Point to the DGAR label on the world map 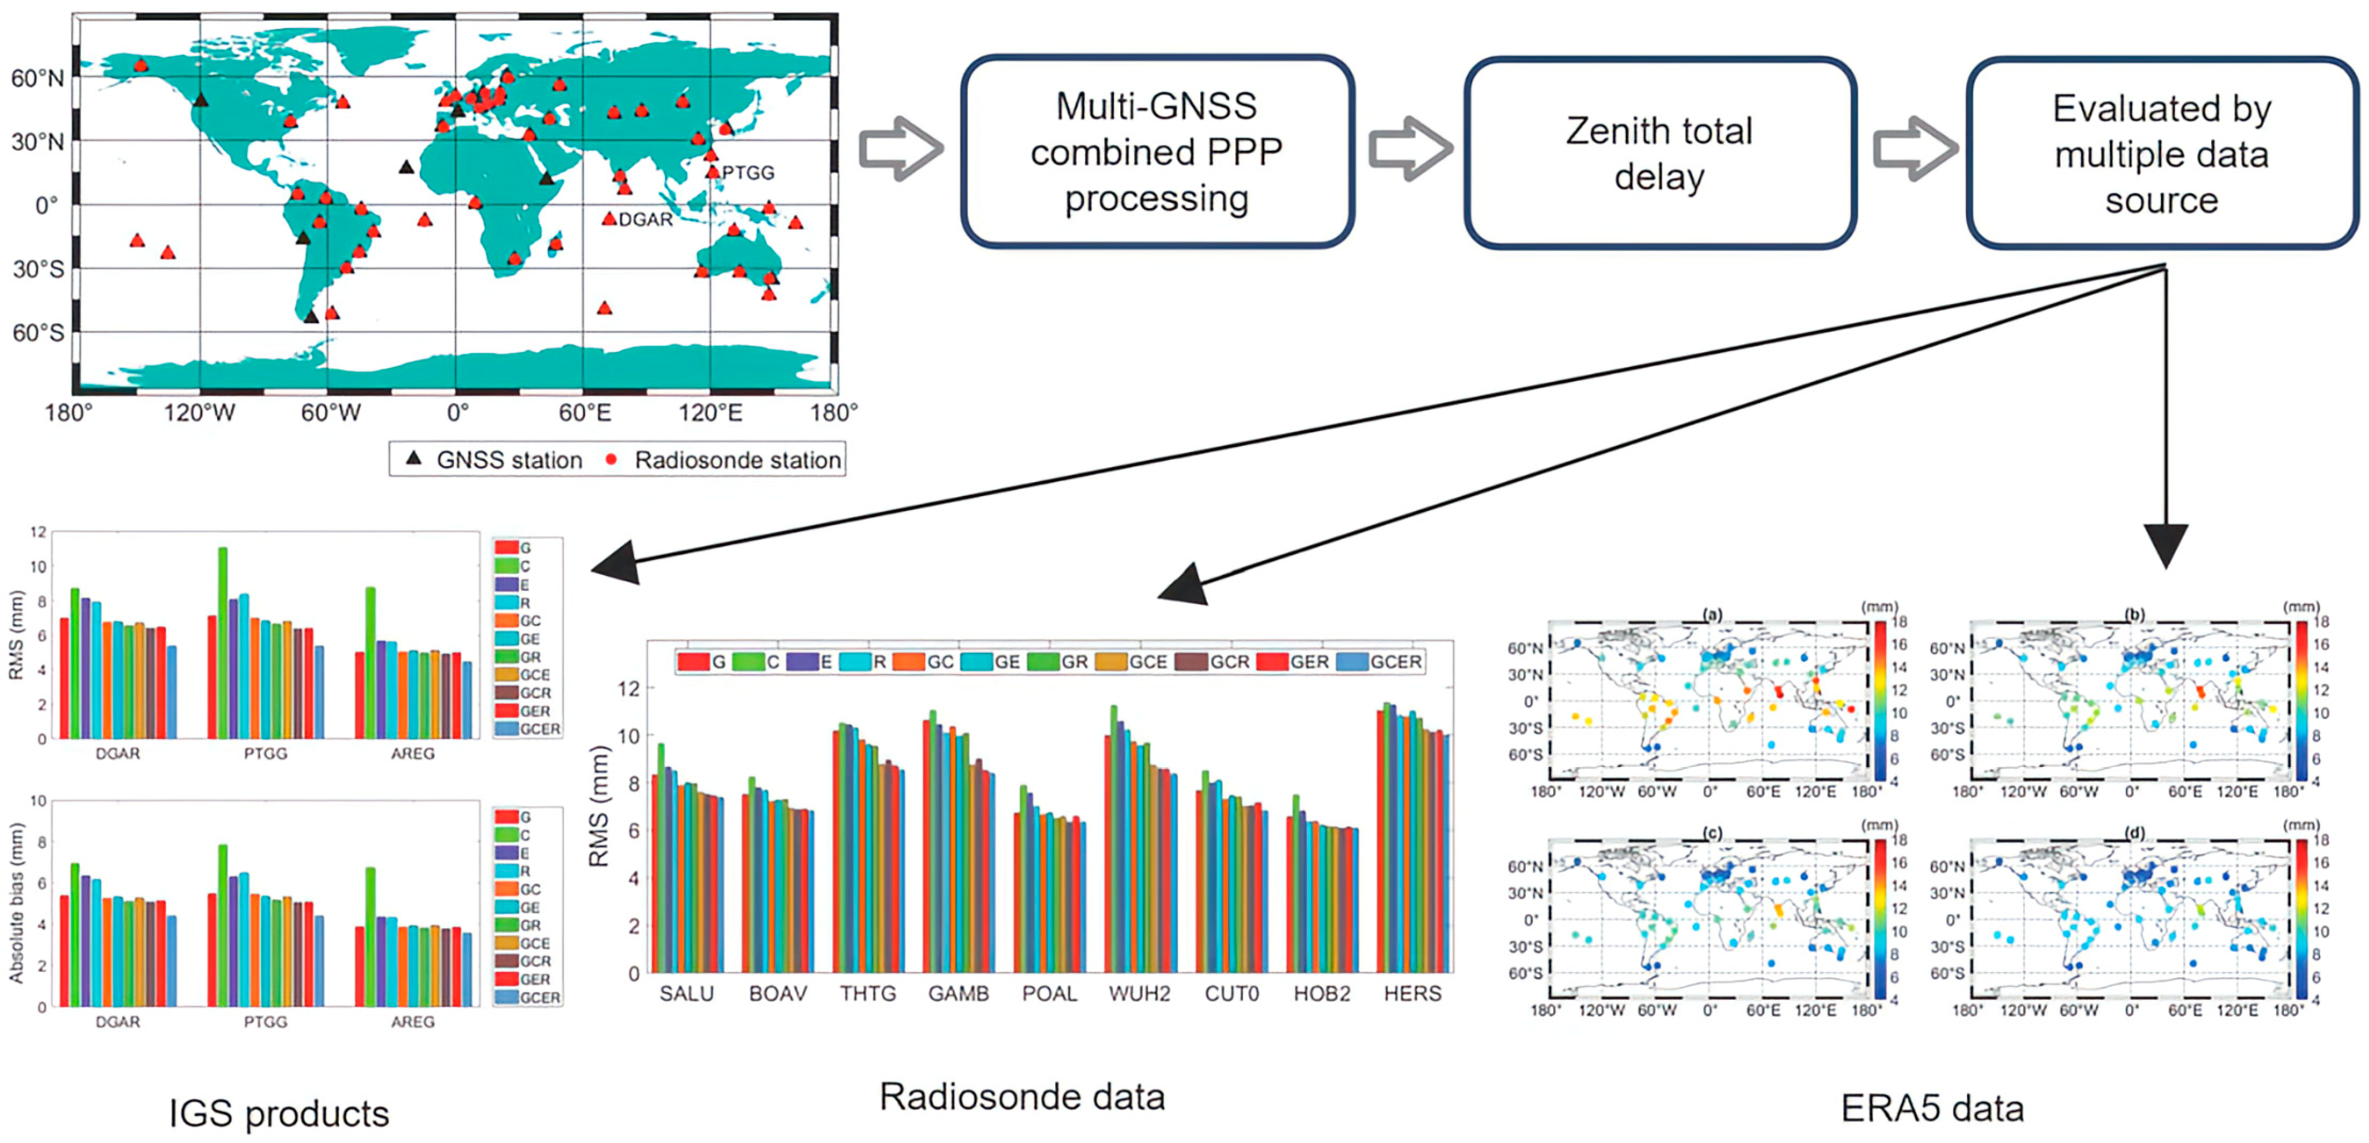646,219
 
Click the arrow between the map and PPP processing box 900,149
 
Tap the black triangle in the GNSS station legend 414,458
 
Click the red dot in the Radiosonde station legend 611,459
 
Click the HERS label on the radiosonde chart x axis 1412,994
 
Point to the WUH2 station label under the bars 1139,994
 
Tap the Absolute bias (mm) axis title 16,903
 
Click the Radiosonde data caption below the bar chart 1022,1097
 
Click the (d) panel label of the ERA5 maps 2135,833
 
